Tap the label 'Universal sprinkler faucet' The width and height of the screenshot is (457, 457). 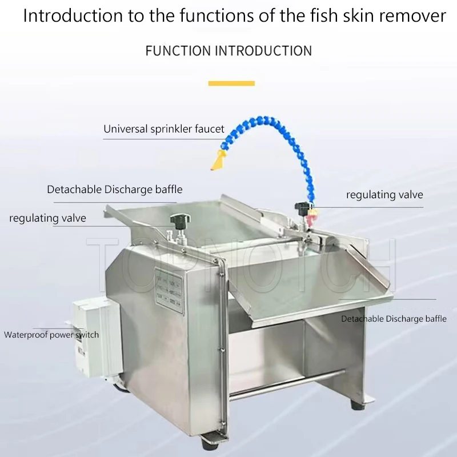(x=164, y=129)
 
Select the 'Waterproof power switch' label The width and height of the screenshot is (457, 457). (x=51, y=335)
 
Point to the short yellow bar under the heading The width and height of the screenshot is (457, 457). (x=231, y=83)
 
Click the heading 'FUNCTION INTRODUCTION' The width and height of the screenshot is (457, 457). (x=228, y=51)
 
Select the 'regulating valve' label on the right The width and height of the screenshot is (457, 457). (x=384, y=195)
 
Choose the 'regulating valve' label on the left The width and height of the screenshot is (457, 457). (x=47, y=218)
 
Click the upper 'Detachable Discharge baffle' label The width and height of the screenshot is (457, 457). (x=115, y=189)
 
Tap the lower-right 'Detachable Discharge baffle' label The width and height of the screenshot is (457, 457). (x=394, y=319)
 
